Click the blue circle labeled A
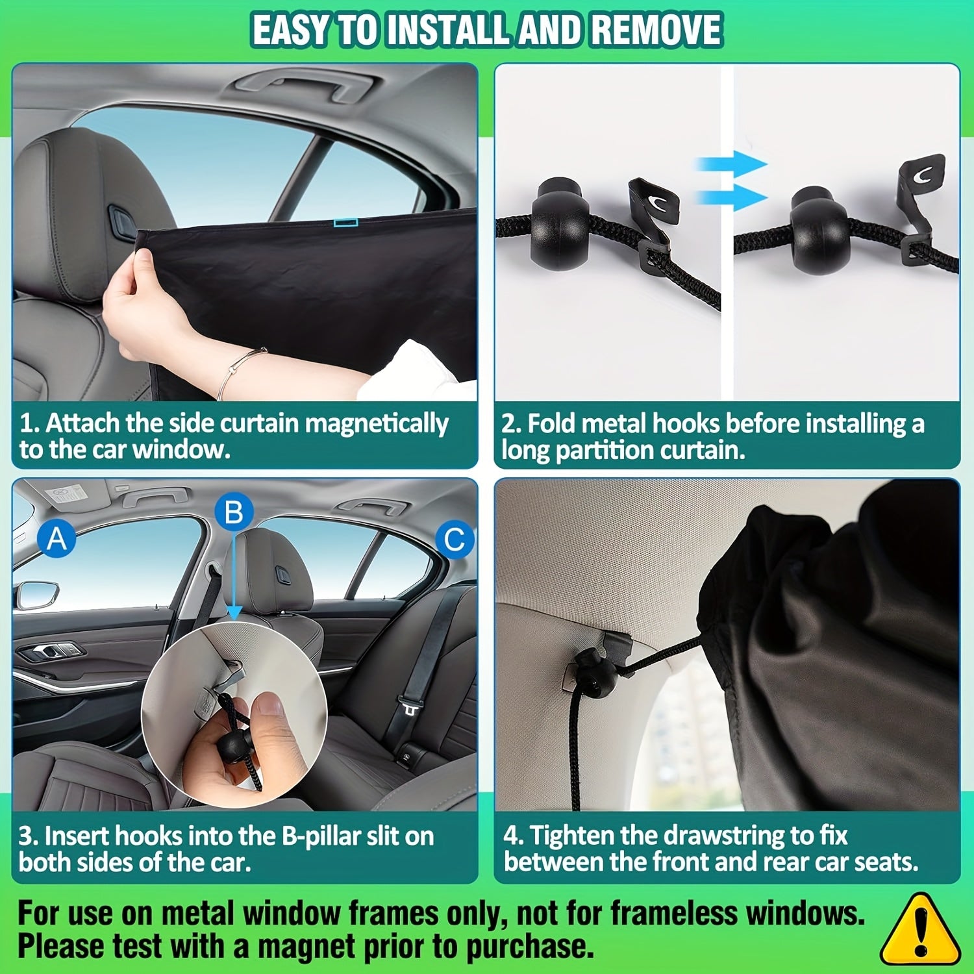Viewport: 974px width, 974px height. tap(56, 539)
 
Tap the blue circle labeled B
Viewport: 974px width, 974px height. tap(234, 512)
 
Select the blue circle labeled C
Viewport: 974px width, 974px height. tap(454, 539)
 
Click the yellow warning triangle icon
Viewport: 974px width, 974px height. tap(919, 930)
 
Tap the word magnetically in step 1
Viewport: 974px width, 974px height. tap(377, 423)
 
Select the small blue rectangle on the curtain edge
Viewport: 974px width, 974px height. tap(345, 223)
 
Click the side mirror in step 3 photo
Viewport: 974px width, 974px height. tap(36, 594)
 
